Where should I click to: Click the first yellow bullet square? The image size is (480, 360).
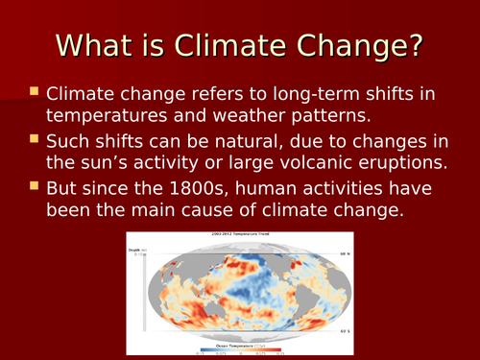[34, 93]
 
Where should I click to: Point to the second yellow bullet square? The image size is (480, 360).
[34, 142]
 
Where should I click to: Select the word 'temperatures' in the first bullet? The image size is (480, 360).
[108, 118]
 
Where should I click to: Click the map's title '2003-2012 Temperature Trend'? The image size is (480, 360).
[241, 234]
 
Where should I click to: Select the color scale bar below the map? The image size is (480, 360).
[240, 351]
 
